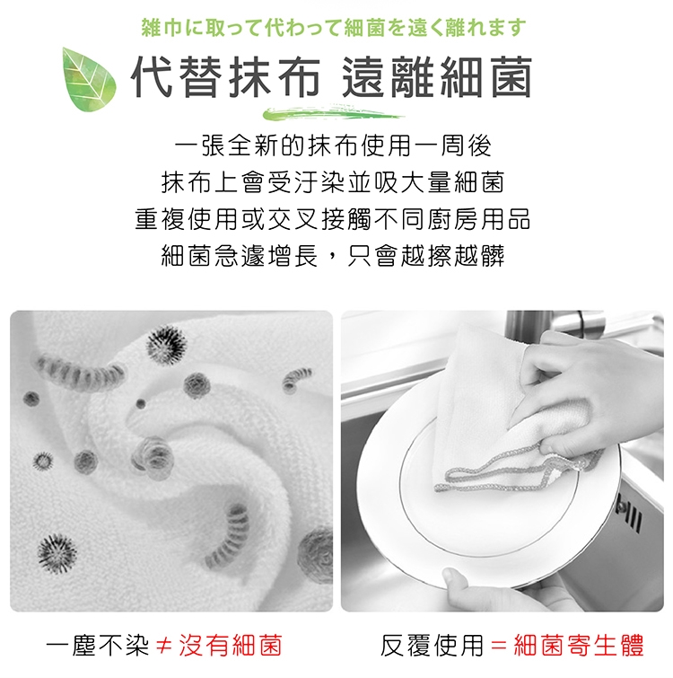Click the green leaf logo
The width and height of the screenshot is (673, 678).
[90, 79]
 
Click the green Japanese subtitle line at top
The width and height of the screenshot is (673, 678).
[334, 29]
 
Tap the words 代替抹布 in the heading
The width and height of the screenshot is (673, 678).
[226, 77]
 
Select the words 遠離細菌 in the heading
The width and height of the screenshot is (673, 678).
[437, 77]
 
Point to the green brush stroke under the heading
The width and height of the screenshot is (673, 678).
[334, 112]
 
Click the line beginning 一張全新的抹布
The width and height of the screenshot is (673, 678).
[334, 145]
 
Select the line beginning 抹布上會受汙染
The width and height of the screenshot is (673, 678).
[333, 182]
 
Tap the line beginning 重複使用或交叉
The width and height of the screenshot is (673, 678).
[333, 219]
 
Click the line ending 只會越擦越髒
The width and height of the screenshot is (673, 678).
[333, 256]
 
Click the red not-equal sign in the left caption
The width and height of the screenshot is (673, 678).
[163, 646]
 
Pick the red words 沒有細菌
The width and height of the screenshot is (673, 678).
[231, 646]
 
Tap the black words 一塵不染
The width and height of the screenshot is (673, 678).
[98, 646]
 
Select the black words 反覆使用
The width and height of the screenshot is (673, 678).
[432, 646]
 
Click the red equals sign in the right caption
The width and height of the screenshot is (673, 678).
[499, 646]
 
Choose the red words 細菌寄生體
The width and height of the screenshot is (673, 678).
[579, 646]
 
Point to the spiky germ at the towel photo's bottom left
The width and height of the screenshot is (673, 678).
[57, 554]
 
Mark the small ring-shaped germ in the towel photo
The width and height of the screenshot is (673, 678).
[43, 461]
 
